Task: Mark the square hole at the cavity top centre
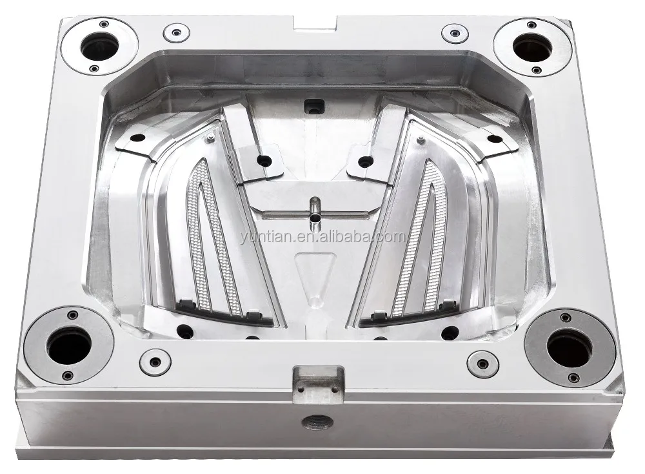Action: point(314,104)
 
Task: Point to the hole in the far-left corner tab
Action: point(138,138)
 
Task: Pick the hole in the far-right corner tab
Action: point(493,138)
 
